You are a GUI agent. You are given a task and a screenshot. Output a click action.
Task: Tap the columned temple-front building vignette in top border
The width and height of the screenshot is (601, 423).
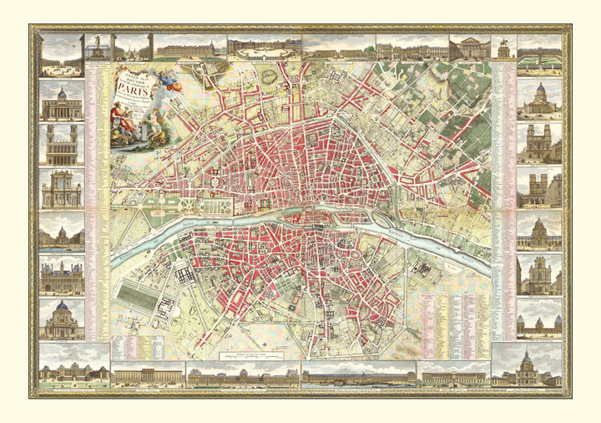click(469, 47)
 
